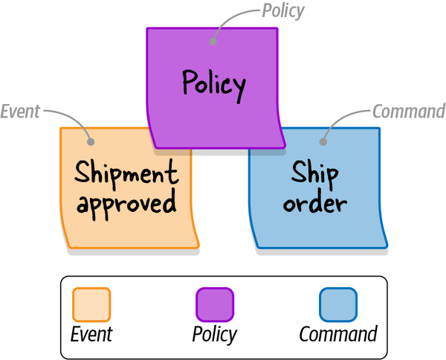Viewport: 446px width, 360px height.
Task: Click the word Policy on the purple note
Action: click(213, 83)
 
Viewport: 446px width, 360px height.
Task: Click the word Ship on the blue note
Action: click(315, 175)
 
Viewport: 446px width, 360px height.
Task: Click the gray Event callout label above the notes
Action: click(20, 112)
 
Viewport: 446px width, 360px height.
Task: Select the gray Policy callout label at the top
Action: click(282, 10)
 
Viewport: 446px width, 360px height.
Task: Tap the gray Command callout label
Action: click(408, 112)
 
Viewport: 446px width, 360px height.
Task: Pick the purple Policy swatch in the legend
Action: click(214, 305)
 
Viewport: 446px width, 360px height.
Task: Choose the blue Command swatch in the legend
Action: click(338, 305)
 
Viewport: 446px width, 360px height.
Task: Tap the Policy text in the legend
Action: click(214, 334)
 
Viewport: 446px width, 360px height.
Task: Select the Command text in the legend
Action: click(338, 334)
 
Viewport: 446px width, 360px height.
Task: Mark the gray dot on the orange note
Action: click(91, 141)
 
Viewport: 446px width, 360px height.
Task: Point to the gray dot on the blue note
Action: click(323, 141)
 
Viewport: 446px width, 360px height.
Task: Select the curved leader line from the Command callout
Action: click(343, 117)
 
